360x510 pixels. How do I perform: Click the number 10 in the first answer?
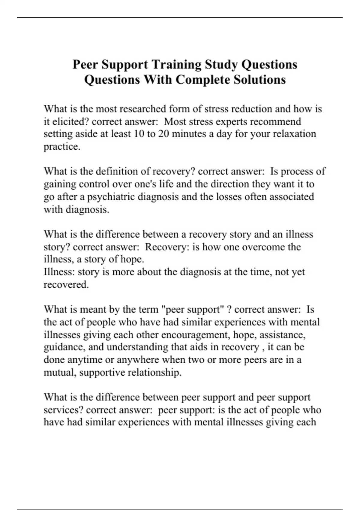139,134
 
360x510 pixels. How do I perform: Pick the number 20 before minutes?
164,134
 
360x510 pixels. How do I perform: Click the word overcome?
263,247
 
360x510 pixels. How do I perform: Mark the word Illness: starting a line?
59,272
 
